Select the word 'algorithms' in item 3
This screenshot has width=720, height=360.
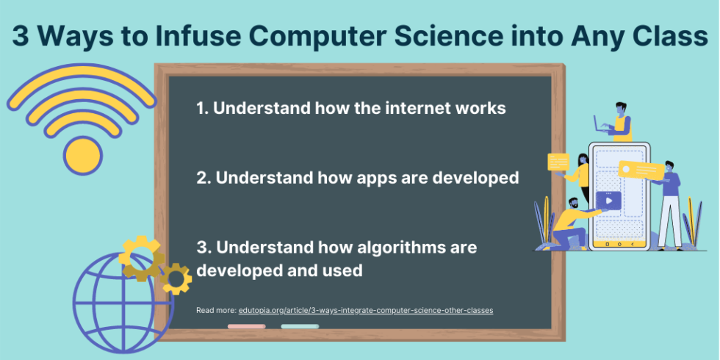pyautogui.click(x=396, y=247)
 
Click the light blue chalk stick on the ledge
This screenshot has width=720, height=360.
pyautogui.click(x=300, y=326)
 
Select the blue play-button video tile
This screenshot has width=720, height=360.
pyautogui.click(x=608, y=199)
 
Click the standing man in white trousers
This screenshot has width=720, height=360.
pyautogui.click(x=669, y=206)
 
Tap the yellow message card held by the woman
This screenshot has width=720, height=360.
pyautogui.click(x=559, y=162)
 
